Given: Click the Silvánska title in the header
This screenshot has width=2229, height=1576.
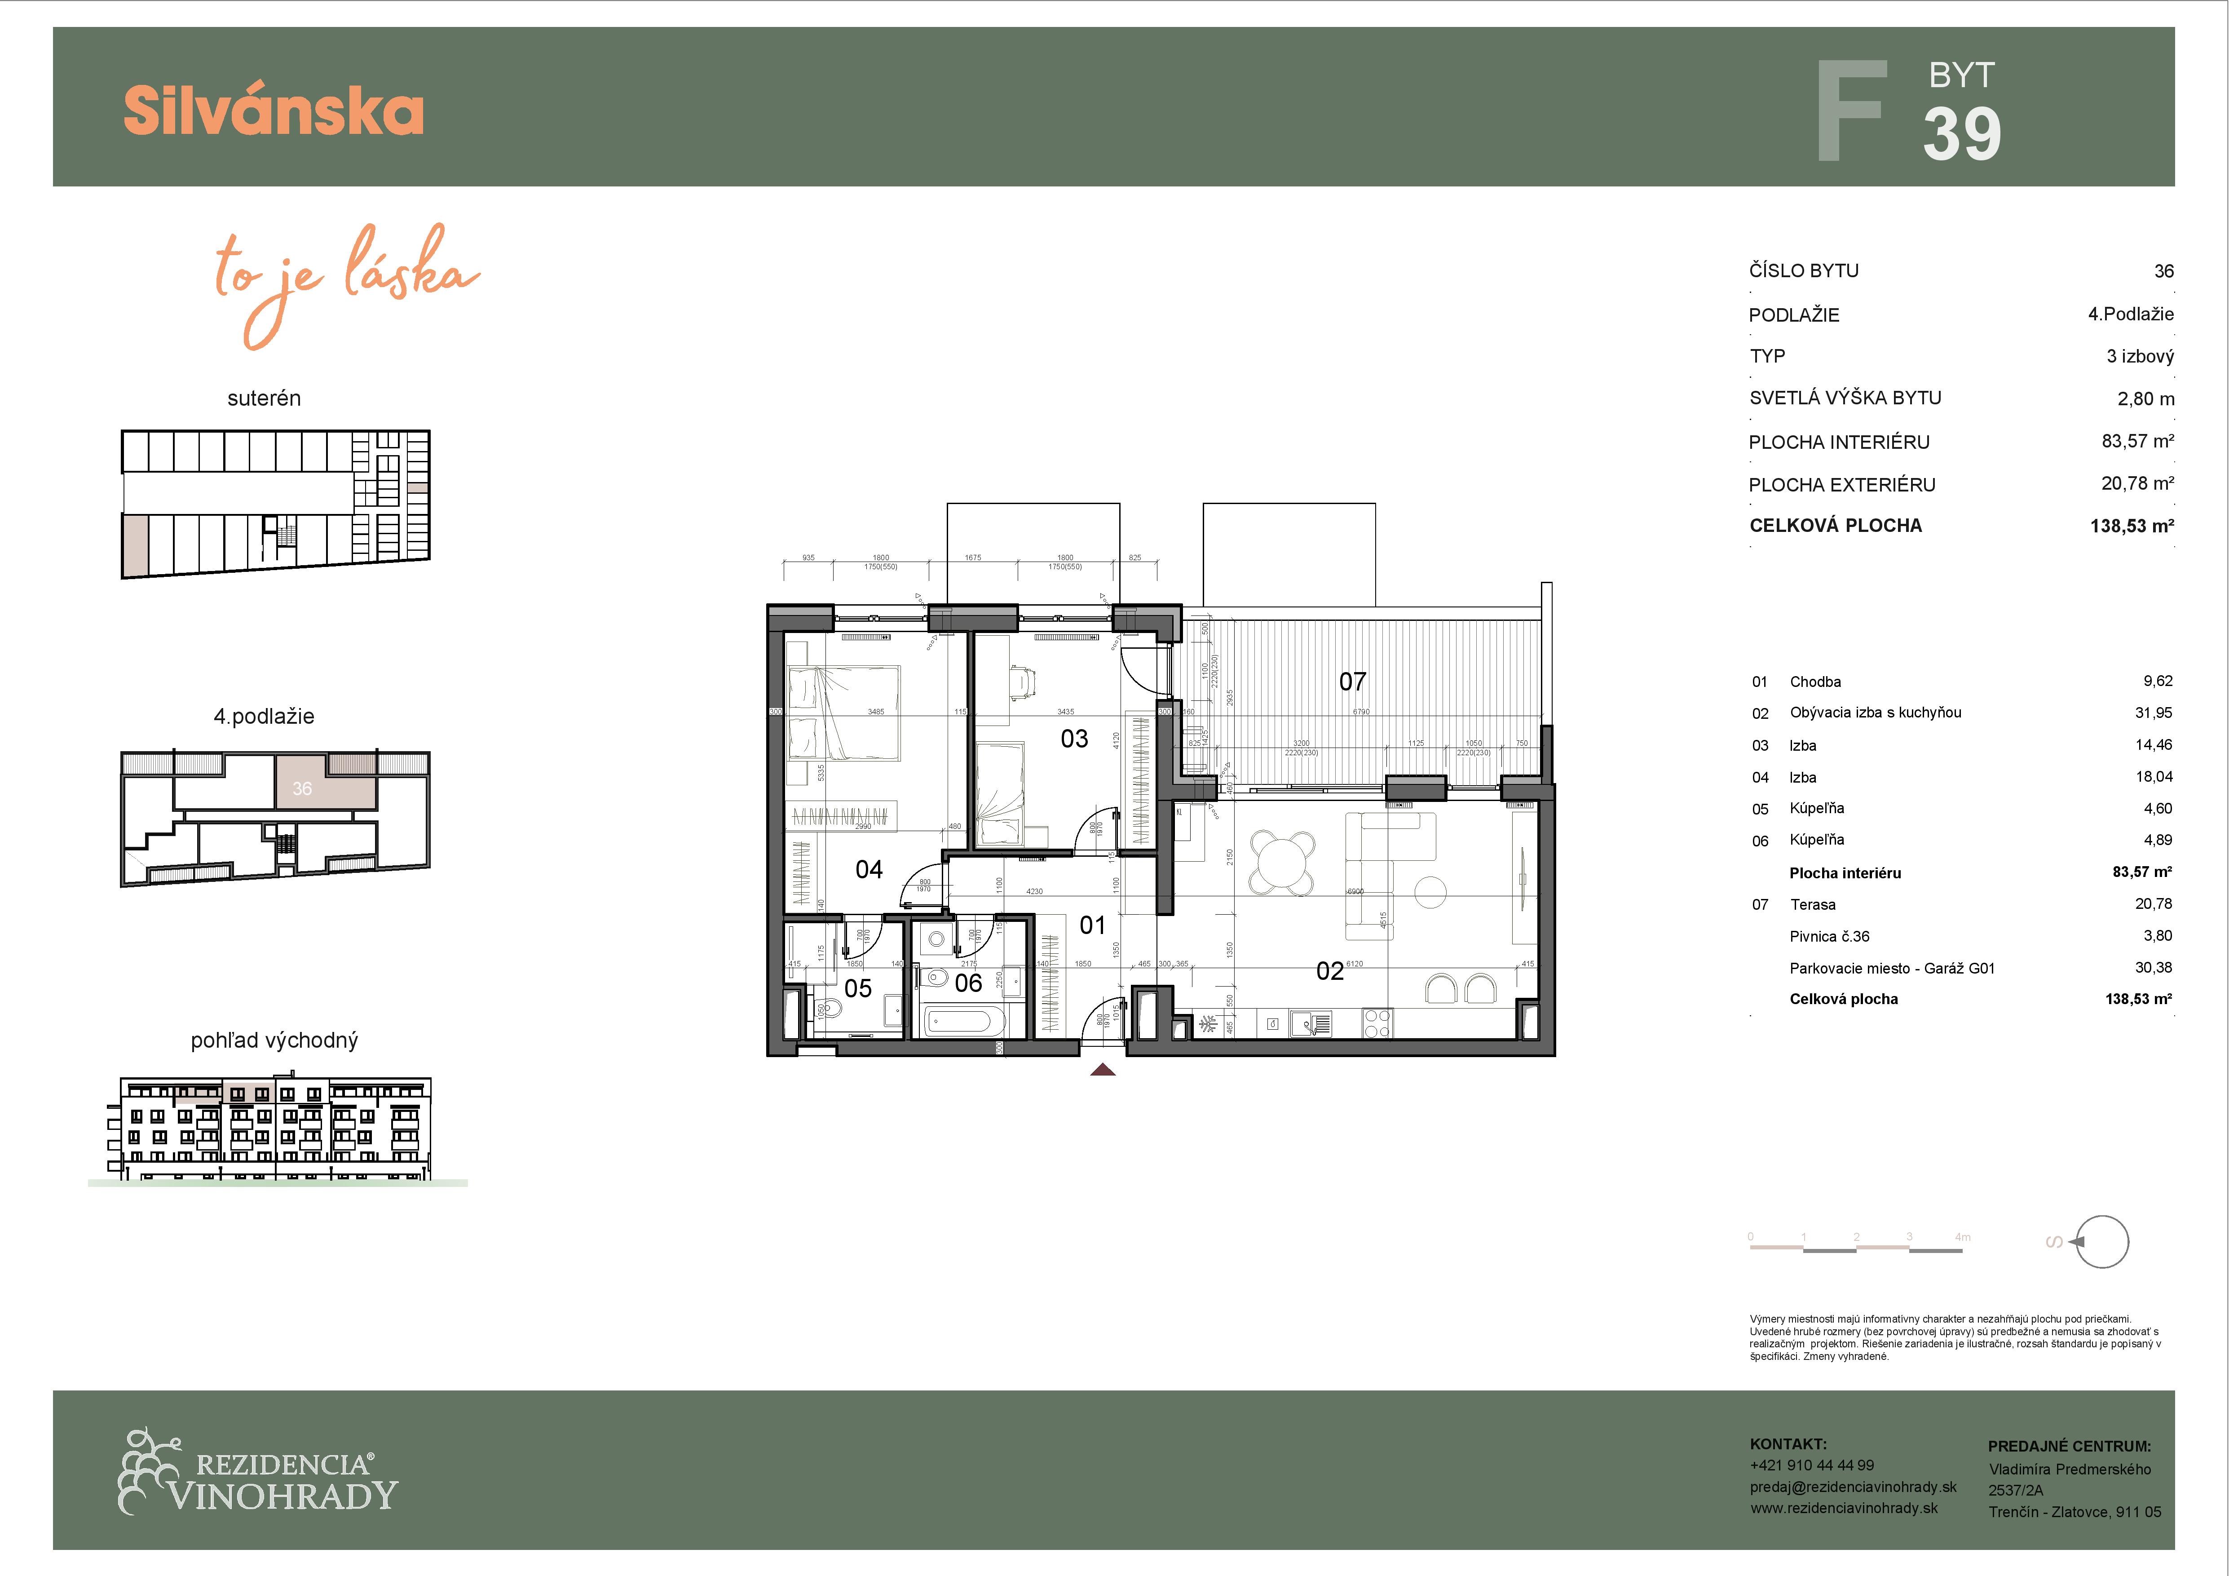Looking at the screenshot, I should coord(274,111).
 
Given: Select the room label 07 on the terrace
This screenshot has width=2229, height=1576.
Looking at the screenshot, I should coord(1352,682).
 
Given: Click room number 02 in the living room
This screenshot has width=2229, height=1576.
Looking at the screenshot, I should coord(1329,971).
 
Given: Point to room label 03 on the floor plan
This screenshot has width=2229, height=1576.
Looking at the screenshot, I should coord(1074,739).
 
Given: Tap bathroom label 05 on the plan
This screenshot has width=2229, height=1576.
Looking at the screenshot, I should coord(858,988).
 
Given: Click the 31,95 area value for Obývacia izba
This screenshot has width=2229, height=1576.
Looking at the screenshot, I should coord(2153,713).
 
